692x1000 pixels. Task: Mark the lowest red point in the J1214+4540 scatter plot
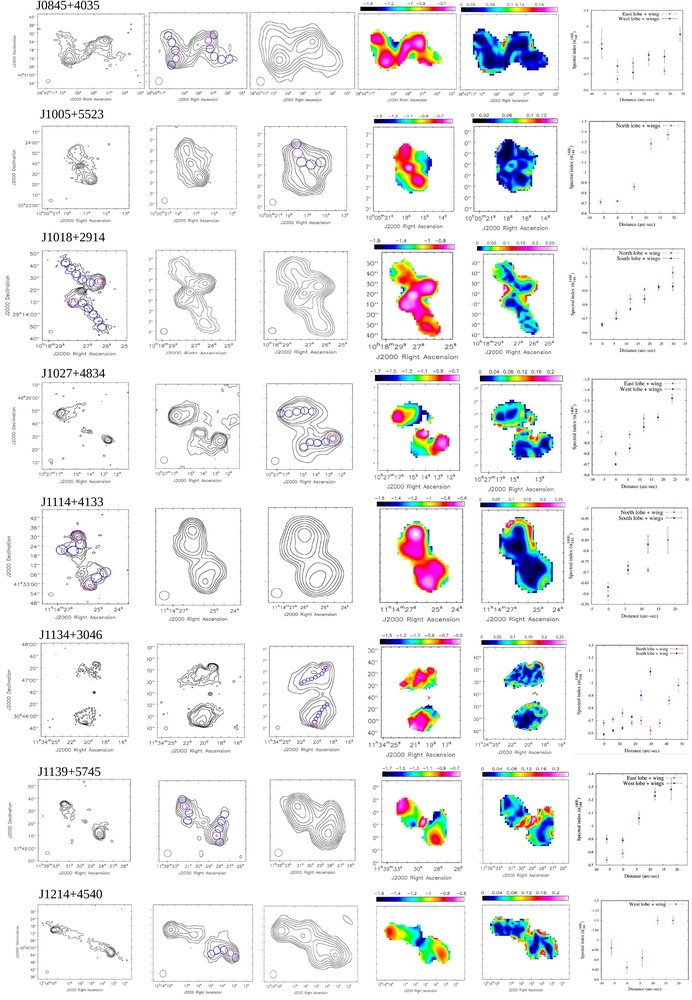(627, 967)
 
